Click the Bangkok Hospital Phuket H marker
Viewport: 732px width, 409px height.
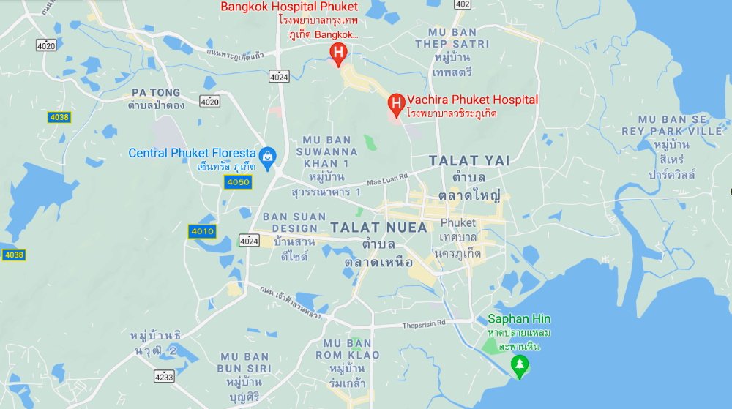point(338,52)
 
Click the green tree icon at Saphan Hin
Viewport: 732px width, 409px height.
point(520,364)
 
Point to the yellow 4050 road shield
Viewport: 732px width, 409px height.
point(239,182)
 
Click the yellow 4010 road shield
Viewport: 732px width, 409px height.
point(202,231)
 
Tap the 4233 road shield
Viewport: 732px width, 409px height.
point(165,378)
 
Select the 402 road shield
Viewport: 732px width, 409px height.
point(462,4)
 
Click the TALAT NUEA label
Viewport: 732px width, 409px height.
point(378,228)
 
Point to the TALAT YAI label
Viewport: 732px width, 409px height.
point(469,160)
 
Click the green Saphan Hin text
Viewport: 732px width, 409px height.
point(520,319)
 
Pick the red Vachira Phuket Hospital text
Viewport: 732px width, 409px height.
point(473,100)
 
